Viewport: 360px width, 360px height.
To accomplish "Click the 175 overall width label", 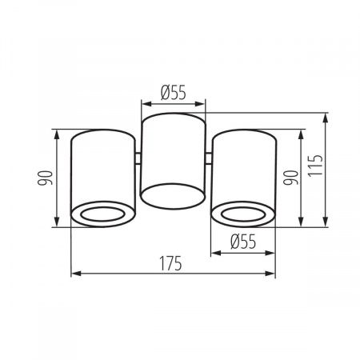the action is [170, 263].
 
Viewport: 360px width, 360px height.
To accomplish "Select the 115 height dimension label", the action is [315, 165].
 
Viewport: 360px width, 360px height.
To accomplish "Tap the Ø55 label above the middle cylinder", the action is [174, 93].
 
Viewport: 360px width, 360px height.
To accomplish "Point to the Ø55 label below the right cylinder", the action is [243, 242].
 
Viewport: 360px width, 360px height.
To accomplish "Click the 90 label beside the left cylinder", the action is [45, 178].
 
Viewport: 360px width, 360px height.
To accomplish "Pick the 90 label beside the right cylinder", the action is [290, 178].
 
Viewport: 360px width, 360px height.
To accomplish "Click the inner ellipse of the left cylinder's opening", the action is [102, 214].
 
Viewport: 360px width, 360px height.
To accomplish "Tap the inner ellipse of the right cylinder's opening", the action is [243, 214].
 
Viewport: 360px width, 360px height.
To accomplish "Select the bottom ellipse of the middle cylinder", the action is [173, 196].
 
